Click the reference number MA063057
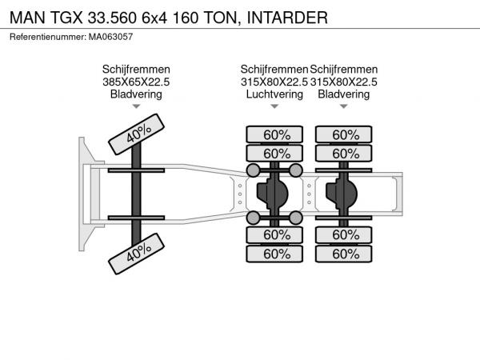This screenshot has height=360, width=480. pyautogui.click(x=110, y=37)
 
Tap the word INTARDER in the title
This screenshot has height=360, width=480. pyautogui.click(x=287, y=18)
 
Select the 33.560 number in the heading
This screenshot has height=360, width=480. pyautogui.click(x=112, y=18)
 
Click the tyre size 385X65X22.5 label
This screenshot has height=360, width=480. pyautogui.click(x=136, y=82)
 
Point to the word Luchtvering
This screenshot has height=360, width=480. pyautogui.click(x=274, y=94)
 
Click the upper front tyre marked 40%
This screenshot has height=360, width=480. pyautogui.click(x=136, y=134)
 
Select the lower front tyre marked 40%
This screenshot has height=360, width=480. pyautogui.click(x=136, y=254)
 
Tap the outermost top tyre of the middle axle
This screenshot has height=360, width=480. pyautogui.click(x=274, y=134)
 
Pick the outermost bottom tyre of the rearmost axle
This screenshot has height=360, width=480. pyautogui.click(x=344, y=254)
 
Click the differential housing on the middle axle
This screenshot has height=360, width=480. pyautogui.click(x=272, y=194)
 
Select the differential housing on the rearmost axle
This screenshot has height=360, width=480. pyautogui.click(x=342, y=194)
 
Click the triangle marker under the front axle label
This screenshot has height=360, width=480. pyautogui.click(x=136, y=106)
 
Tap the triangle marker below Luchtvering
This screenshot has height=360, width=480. pyautogui.click(x=274, y=106)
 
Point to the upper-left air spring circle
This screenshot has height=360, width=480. pyautogui.click(x=253, y=170)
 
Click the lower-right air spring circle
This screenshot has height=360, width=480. pyautogui.click(x=296, y=218)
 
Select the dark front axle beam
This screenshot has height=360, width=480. pyautogui.click(x=136, y=194)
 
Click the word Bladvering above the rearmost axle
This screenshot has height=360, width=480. pyautogui.click(x=344, y=94)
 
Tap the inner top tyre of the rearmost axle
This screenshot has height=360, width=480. pyautogui.click(x=344, y=154)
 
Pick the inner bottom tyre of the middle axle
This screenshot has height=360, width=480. pyautogui.click(x=274, y=234)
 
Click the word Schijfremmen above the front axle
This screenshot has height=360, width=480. pyautogui.click(x=136, y=70)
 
